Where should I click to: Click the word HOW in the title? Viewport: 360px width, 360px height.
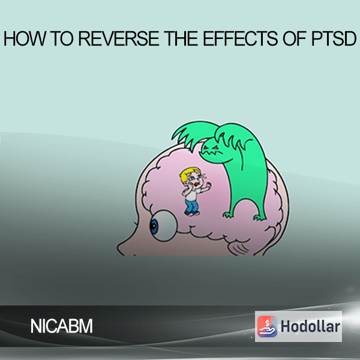pos(25,39)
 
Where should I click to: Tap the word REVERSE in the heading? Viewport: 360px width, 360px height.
pos(119,39)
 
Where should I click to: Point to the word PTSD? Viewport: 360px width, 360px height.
pos(334,39)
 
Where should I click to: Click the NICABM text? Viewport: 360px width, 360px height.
pos(62,326)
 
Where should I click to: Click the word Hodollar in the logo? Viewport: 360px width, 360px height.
pos(310,326)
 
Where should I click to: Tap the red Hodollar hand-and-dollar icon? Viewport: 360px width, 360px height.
pos(267,326)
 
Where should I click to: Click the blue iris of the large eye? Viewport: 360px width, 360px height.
pos(154,226)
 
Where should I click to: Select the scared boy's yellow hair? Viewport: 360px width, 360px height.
pos(189,174)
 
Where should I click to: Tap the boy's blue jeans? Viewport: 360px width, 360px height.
pos(192,206)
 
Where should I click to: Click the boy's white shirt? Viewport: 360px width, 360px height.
pos(191,194)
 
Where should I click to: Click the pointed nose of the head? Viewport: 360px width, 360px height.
pos(121,248)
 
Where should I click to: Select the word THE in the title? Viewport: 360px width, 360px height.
pos(182,39)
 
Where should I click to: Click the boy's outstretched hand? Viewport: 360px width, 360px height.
pos(208,185)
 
